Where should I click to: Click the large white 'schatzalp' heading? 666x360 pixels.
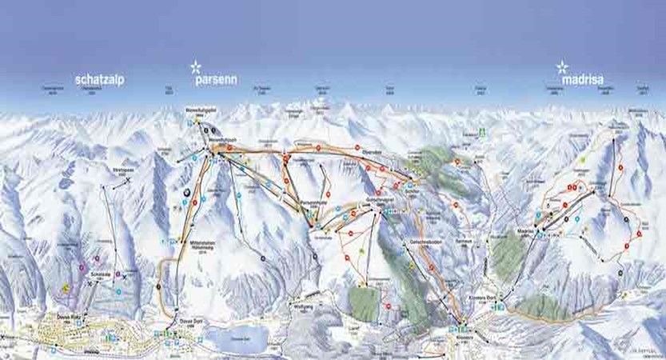tap(99, 80)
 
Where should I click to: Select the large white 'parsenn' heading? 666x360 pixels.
tap(214, 80)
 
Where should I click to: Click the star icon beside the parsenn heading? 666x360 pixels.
tap(196, 67)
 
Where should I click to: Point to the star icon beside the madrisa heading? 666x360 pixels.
tap(562, 67)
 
